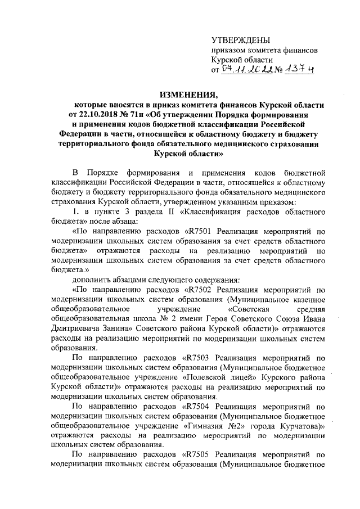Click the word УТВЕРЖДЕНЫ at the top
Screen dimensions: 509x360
pyautogui.click(x=240, y=40)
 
